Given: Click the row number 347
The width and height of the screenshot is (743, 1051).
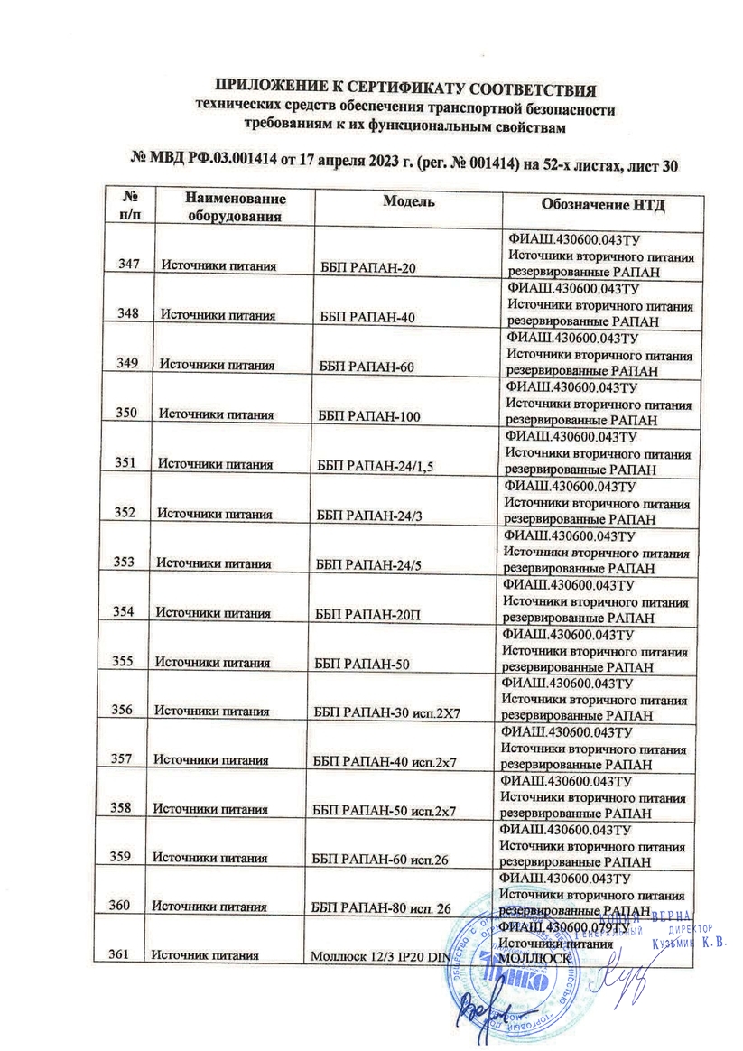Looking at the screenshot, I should coord(129,264).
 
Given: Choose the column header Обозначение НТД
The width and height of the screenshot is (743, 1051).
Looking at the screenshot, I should coord(602,204).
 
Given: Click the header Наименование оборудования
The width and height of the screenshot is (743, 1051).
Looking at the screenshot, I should coord(236,207).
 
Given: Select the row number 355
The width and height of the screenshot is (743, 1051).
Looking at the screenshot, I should coord(125,662).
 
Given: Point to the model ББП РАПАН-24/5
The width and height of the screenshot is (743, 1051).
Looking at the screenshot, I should coord(366,565).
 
